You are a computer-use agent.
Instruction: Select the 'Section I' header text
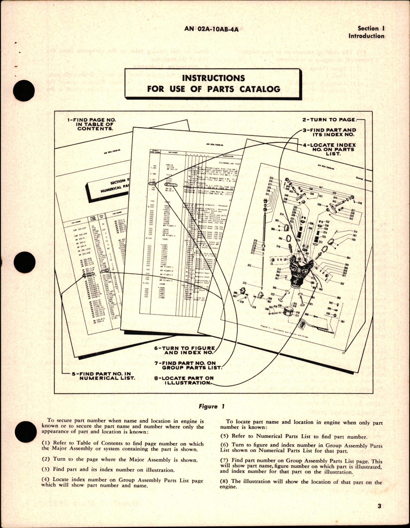tap(371, 29)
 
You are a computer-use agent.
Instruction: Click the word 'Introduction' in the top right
tap(366, 36)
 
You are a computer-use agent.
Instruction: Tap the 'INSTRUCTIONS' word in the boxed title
tap(213, 78)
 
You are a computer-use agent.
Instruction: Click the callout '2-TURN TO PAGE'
tap(329, 120)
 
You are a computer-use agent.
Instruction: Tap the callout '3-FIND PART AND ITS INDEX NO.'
tap(329, 132)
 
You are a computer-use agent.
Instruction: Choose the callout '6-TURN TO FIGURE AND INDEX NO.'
tap(184, 350)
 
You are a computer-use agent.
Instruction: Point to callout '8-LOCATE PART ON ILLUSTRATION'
tap(184, 380)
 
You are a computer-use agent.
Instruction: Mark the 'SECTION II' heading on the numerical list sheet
tap(118, 182)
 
